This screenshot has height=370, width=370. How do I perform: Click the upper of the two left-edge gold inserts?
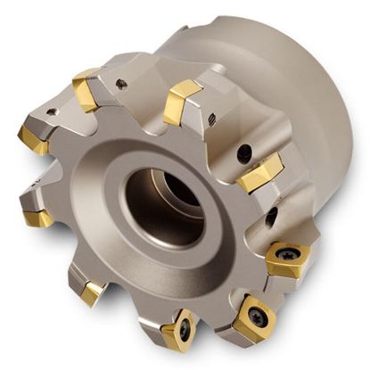pos(32,139)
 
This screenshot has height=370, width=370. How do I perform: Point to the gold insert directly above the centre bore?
pos(182,100)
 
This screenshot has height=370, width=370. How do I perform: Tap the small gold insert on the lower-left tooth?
pos(92,292)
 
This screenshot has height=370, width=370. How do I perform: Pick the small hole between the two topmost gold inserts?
pos(121,85)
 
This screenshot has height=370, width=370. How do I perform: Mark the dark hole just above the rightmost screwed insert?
pos(271,217)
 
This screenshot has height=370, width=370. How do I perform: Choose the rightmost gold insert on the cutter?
pos(288,259)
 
